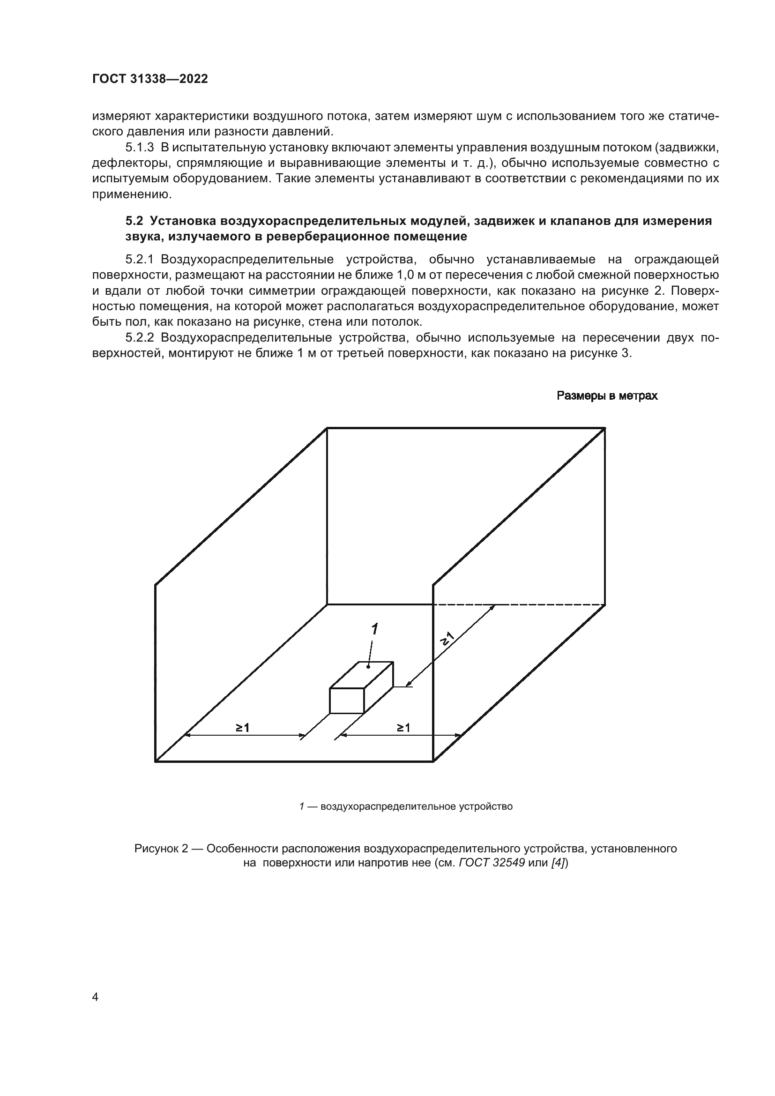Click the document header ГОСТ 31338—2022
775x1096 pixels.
pos(150,79)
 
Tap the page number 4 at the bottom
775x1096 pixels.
pos(95,997)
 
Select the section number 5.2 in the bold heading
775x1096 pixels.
pos(134,221)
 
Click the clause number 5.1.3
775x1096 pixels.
pos(139,148)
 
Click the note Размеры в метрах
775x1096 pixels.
pos(607,396)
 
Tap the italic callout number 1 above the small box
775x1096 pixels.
pos(375,629)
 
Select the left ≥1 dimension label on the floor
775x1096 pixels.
pos(242,728)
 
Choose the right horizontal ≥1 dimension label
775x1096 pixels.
pos(403,728)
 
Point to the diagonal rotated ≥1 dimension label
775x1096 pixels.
pos(447,639)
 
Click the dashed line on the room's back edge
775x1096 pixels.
pos(520,605)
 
